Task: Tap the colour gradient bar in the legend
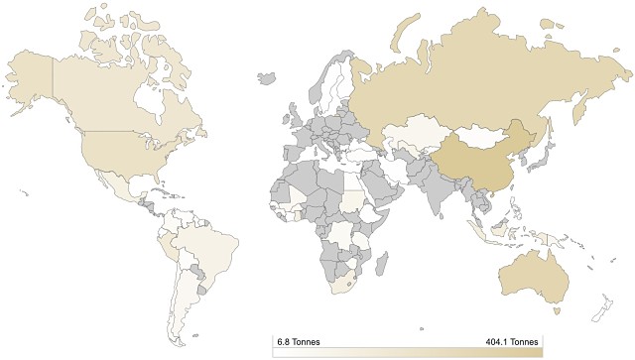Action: [407, 351]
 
